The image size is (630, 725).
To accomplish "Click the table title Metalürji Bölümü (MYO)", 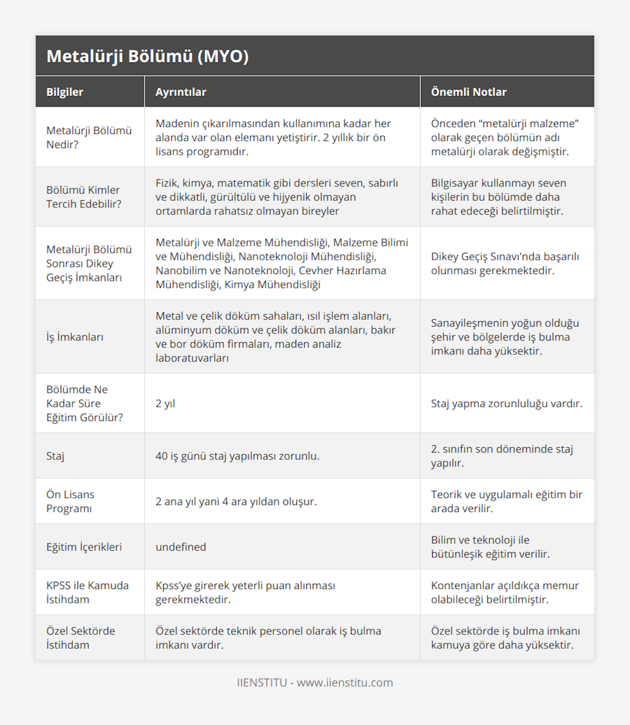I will pyautogui.click(x=148, y=56).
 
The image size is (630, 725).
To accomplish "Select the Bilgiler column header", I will pyautogui.click(x=65, y=92).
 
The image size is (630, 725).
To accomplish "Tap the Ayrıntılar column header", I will pyautogui.click(x=181, y=92).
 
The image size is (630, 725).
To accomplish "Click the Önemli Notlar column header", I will pyautogui.click(x=468, y=92).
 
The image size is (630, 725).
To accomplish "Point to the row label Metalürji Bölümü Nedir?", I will pyautogui.click(x=89, y=138).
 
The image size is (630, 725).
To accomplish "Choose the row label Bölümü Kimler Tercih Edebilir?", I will pyautogui.click(x=83, y=197).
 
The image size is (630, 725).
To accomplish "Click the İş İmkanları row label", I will pyautogui.click(x=75, y=337).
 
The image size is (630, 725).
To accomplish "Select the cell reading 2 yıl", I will pyautogui.click(x=165, y=404).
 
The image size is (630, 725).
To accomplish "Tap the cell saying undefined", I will pyautogui.click(x=181, y=547).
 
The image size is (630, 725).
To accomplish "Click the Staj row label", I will pyautogui.click(x=55, y=456).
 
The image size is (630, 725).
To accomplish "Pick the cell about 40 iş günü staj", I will pyautogui.click(x=237, y=456).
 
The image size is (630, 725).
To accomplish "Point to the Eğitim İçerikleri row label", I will pyautogui.click(x=84, y=547).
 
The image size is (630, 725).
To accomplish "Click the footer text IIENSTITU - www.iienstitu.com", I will pyautogui.click(x=315, y=682).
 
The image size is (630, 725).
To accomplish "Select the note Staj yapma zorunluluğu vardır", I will pyautogui.click(x=506, y=404).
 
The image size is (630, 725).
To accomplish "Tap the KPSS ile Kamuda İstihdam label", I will pyautogui.click(x=87, y=592).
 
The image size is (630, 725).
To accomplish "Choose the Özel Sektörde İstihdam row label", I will pyautogui.click(x=80, y=638).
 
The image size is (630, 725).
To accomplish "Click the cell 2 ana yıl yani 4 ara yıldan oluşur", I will pyautogui.click(x=236, y=501).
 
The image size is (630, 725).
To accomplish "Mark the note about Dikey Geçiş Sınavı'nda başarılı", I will pyautogui.click(x=505, y=264).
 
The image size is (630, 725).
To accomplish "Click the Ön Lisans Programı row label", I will pyautogui.click(x=70, y=501).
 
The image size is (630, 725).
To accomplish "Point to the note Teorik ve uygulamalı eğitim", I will pyautogui.click(x=506, y=501).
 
